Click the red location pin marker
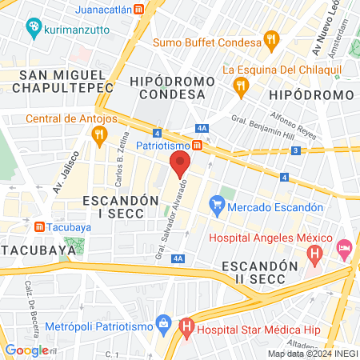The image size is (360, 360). tap(180, 166)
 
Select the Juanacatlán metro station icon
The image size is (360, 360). tap(140, 10)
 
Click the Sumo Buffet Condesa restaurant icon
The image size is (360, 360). tap(272, 39)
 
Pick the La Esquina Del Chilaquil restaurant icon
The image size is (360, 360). tap(239, 85)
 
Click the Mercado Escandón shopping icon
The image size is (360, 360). tap(216, 206)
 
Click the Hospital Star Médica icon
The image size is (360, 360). tap(186, 326)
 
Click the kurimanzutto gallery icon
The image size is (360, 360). tap(34, 29)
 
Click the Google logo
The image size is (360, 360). tap(26, 350)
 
